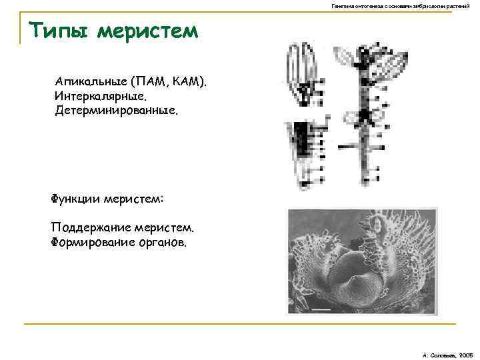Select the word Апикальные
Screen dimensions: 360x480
pos(93,82)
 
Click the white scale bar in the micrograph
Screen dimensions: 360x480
pos(321,309)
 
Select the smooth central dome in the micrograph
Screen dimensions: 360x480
pos(350,263)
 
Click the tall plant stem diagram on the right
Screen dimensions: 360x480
pos(364,120)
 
